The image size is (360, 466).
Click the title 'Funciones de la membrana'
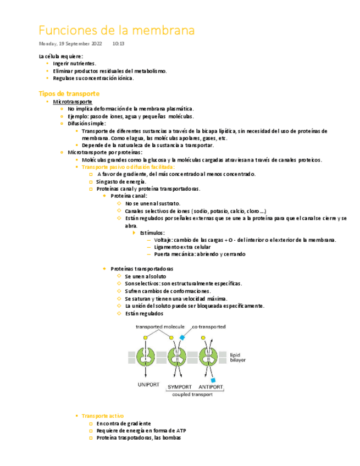(x=117, y=30)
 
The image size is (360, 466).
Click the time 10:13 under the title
(x=118, y=43)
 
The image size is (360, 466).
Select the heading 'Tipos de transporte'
(x=69, y=94)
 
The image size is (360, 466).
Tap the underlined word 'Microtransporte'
(x=73, y=102)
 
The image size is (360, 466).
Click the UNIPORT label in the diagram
(x=147, y=386)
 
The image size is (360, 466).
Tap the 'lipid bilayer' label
(x=238, y=357)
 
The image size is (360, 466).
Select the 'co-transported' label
(x=208, y=327)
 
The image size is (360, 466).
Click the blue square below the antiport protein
(x=213, y=380)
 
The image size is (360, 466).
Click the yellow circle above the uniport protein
(x=145, y=337)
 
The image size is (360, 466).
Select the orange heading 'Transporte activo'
(x=103, y=416)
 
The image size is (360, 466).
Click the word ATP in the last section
(x=181, y=431)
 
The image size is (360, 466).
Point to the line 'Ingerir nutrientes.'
(x=74, y=64)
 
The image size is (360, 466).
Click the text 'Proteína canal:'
(x=129, y=196)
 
